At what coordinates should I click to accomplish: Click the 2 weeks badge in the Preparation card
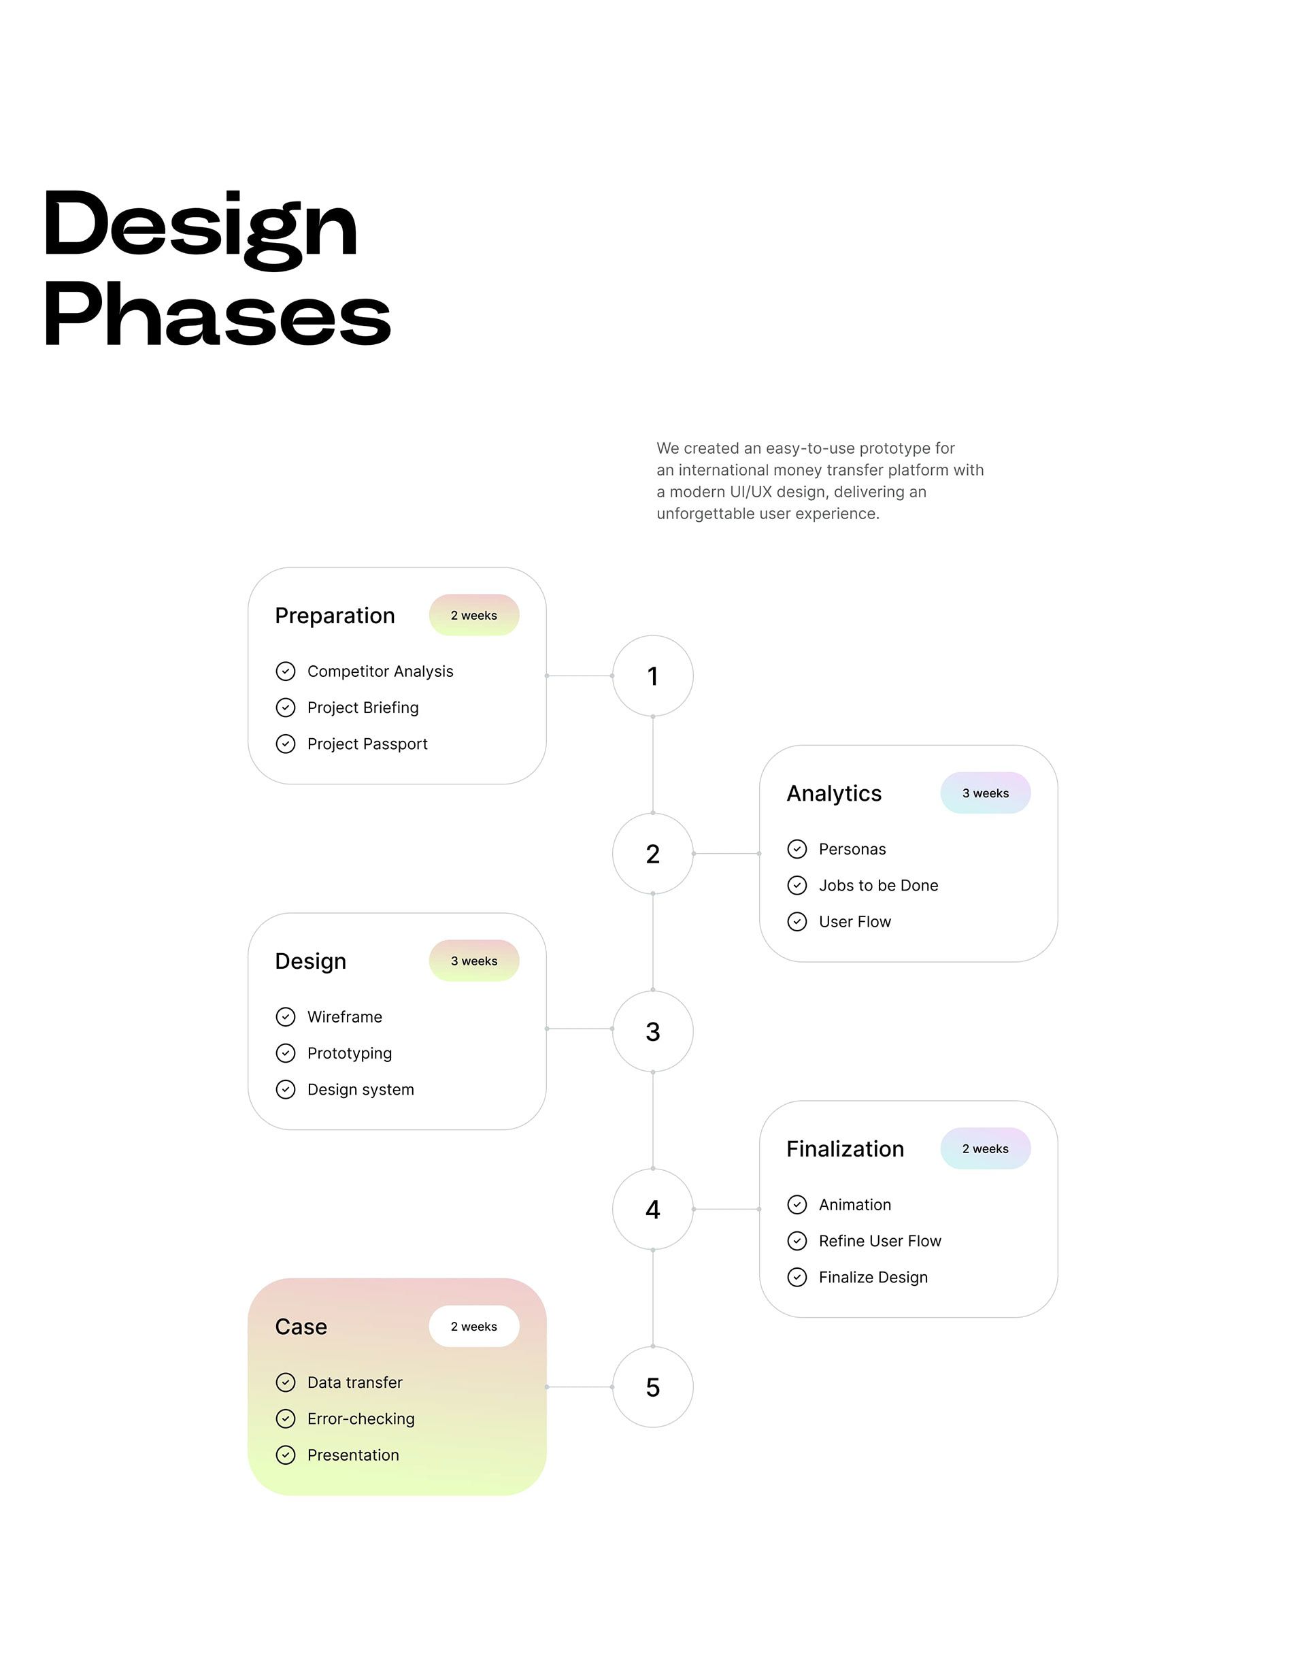coord(474,616)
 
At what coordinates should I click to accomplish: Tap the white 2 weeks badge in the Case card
coord(474,1327)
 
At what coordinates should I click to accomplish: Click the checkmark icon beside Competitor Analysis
coord(285,671)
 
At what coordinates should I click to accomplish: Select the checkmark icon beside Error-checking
coord(285,1419)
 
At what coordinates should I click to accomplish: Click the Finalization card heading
coord(845,1148)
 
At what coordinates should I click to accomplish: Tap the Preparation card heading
coord(335,616)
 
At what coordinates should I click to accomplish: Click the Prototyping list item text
coord(350,1054)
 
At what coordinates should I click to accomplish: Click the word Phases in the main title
coord(217,315)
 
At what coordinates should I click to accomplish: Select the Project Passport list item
coord(367,744)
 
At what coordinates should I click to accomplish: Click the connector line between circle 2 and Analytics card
coord(726,853)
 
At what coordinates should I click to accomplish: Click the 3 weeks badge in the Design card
coord(474,961)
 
